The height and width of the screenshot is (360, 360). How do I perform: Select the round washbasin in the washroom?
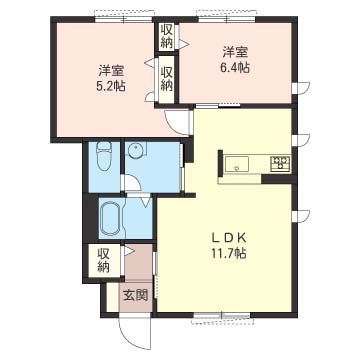pos(136,151)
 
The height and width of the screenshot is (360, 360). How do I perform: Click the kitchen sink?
pos(237,164)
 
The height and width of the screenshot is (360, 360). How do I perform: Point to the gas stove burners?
pos(280,164)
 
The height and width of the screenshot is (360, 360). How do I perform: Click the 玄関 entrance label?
pos(135,295)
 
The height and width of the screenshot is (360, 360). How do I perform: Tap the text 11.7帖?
pos(228,254)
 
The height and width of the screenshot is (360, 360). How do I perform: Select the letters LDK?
pos(228,238)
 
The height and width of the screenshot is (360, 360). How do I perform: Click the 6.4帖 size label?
pos(235,68)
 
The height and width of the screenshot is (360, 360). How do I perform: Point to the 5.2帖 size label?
pos(111,86)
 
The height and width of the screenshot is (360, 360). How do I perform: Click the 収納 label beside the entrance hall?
pos(104,261)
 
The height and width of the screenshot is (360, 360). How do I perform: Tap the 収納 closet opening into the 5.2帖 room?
pos(167,79)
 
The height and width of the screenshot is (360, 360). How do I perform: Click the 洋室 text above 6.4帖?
pos(235,52)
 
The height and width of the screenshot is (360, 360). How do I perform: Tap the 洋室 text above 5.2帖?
pos(111,71)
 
